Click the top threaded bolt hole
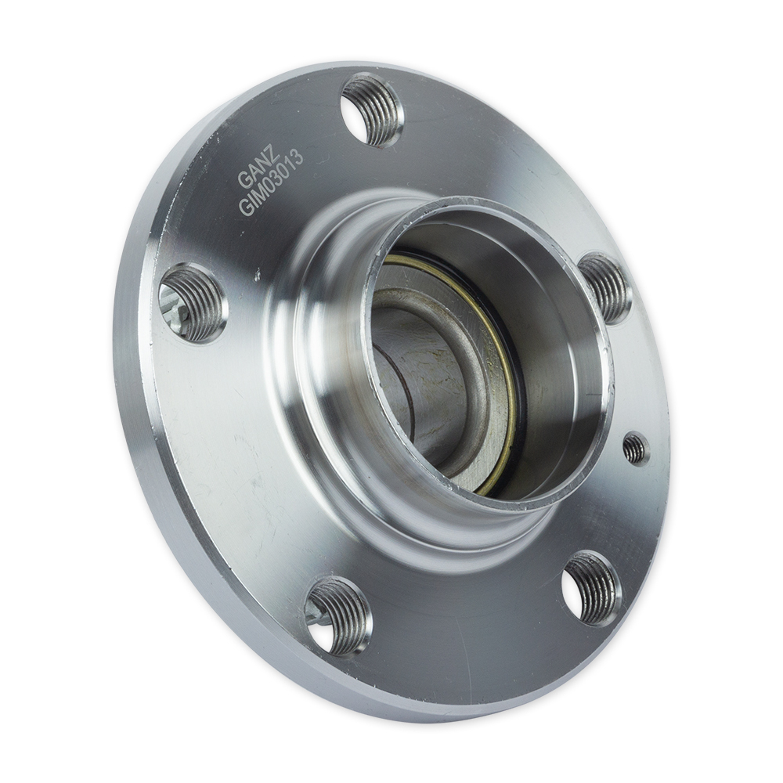[373, 110]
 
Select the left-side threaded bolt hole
[193, 302]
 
